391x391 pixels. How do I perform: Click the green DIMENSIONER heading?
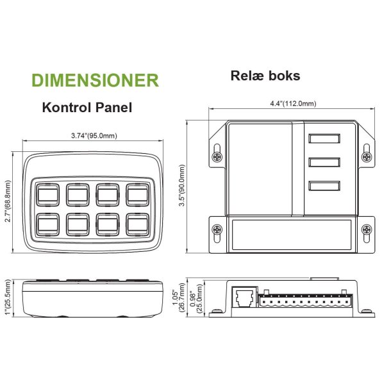(95, 80)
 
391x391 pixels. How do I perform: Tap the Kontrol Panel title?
(87, 107)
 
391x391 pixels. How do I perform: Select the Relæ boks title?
(265, 76)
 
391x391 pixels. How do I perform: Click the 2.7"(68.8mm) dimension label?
(8, 200)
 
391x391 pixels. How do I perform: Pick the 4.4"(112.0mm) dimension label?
(292, 104)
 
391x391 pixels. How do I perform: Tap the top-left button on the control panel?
(48, 194)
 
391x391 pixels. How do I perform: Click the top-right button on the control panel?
(138, 194)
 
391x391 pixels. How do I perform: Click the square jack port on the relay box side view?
(244, 296)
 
